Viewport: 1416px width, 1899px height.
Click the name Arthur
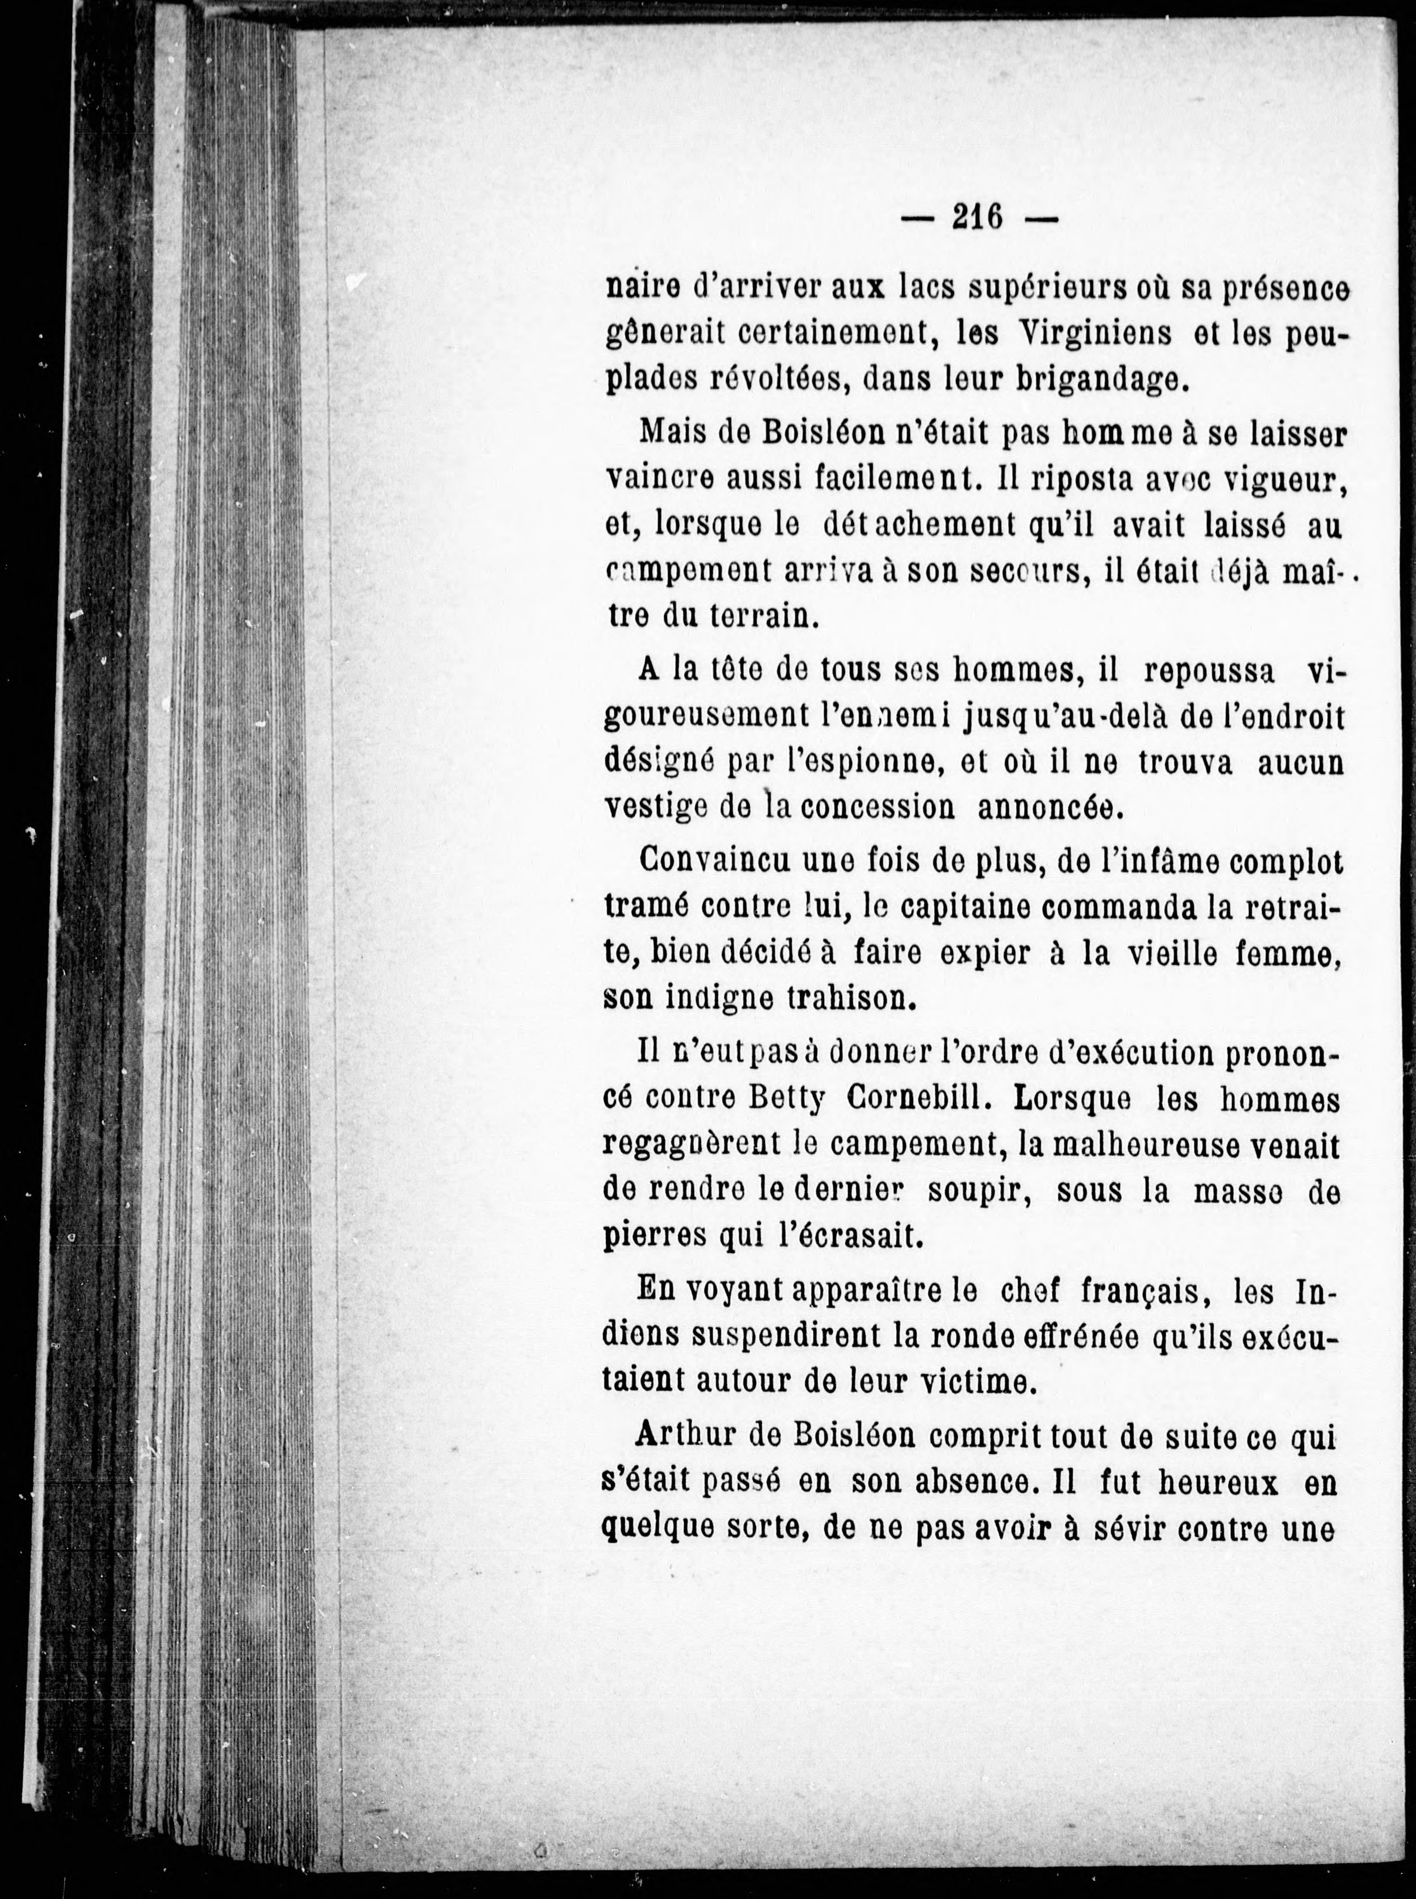(x=679, y=1435)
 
